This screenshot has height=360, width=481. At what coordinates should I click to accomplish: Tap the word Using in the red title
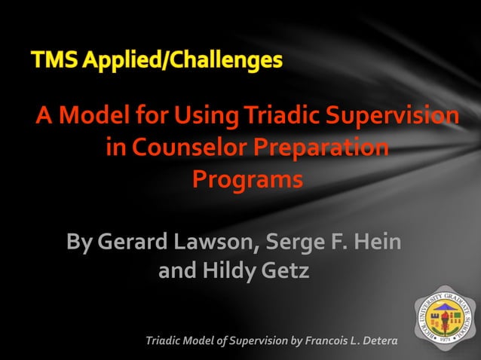[195, 117]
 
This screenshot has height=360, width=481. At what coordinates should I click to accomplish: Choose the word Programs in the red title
[247, 180]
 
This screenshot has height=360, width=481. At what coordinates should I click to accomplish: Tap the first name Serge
[296, 243]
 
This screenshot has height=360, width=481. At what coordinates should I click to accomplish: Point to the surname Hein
[377, 243]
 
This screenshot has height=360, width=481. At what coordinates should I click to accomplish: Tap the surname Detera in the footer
[378, 343]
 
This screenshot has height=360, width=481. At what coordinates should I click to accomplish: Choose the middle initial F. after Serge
[336, 243]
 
